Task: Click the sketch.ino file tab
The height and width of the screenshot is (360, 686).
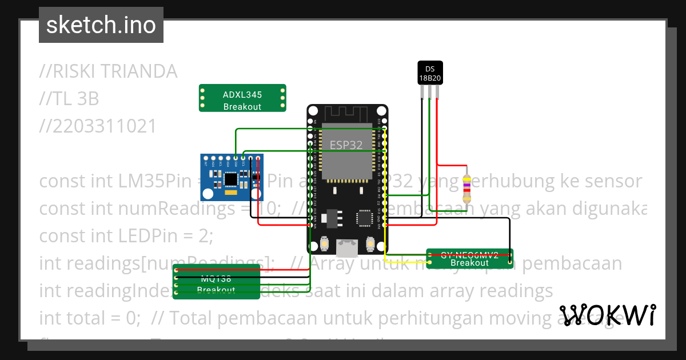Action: pyautogui.click(x=101, y=25)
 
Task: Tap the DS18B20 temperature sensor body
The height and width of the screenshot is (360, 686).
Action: pyautogui.click(x=430, y=73)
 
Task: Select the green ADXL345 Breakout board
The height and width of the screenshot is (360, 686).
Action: pyautogui.click(x=242, y=98)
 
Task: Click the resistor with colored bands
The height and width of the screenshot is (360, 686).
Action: pyautogui.click(x=467, y=185)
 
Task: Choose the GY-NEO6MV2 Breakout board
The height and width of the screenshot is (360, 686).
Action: pyautogui.click(x=470, y=259)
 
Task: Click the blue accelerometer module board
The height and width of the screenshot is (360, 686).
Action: pyautogui.click(x=232, y=177)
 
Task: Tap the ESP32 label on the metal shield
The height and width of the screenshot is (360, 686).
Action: pyautogui.click(x=346, y=145)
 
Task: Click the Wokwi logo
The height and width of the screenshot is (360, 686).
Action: pyautogui.click(x=607, y=315)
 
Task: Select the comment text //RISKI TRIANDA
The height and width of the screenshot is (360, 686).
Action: pyautogui.click(x=108, y=71)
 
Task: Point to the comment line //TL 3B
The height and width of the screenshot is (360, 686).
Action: pyautogui.click(x=69, y=99)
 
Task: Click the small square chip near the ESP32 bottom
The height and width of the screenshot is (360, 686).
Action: pyautogui.click(x=364, y=218)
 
